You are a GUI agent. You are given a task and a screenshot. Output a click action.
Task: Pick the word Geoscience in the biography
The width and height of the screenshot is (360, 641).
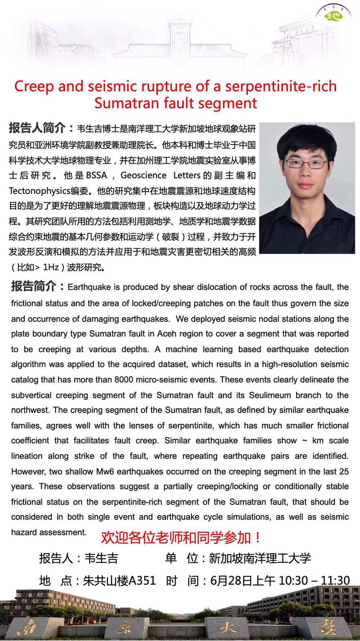point(143,175)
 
